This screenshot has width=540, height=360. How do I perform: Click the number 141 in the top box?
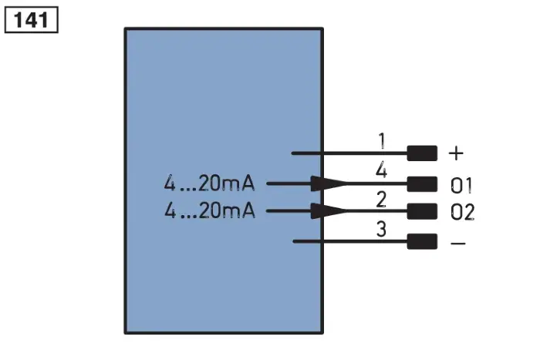pyautogui.click(x=31, y=20)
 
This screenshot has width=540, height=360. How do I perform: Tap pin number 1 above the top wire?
pyautogui.click(x=382, y=141)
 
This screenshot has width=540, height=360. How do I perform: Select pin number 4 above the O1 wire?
pyautogui.click(x=381, y=170)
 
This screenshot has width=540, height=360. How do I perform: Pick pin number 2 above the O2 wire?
pyautogui.click(x=381, y=200)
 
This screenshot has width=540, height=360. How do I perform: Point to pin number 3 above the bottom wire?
pyautogui.click(x=381, y=229)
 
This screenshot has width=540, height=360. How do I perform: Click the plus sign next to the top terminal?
pyautogui.click(x=457, y=153)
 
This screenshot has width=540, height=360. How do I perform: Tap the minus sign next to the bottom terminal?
pyautogui.click(x=458, y=244)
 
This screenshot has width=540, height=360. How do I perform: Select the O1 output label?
pyautogui.click(x=461, y=186)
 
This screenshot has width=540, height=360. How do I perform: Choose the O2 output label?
pyautogui.click(x=463, y=212)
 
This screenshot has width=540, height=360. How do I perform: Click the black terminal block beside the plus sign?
pyautogui.click(x=422, y=153)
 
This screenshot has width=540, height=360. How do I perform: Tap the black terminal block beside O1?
pyautogui.click(x=422, y=184)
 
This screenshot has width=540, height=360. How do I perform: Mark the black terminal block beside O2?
pyautogui.click(x=422, y=211)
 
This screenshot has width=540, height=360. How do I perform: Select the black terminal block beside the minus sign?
pyautogui.click(x=422, y=241)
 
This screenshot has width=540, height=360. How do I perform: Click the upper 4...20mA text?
pyautogui.click(x=209, y=183)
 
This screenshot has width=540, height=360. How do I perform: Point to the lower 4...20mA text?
pyautogui.click(x=209, y=210)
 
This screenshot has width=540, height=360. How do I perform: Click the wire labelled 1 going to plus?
pyautogui.click(x=349, y=153)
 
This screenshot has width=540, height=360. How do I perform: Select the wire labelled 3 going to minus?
pyautogui.click(x=350, y=241)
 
